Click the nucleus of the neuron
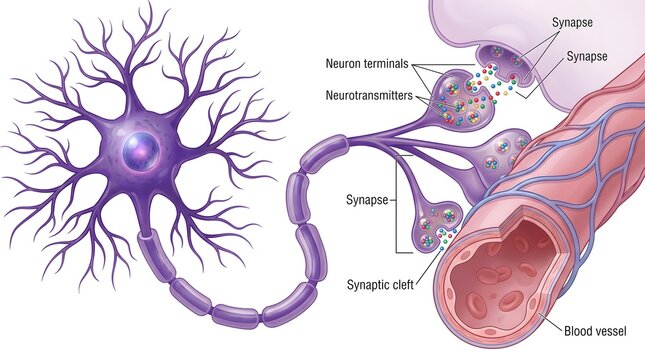141,151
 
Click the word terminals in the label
388,64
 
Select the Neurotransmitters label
369,95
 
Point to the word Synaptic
367,285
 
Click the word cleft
402,284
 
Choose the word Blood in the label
576,330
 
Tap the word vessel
609,330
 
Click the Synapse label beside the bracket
367,200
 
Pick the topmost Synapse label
572,22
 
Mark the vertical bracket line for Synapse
397,204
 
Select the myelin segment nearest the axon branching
324,153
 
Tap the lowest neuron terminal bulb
435,227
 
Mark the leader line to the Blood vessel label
550,322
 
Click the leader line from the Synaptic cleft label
428,265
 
